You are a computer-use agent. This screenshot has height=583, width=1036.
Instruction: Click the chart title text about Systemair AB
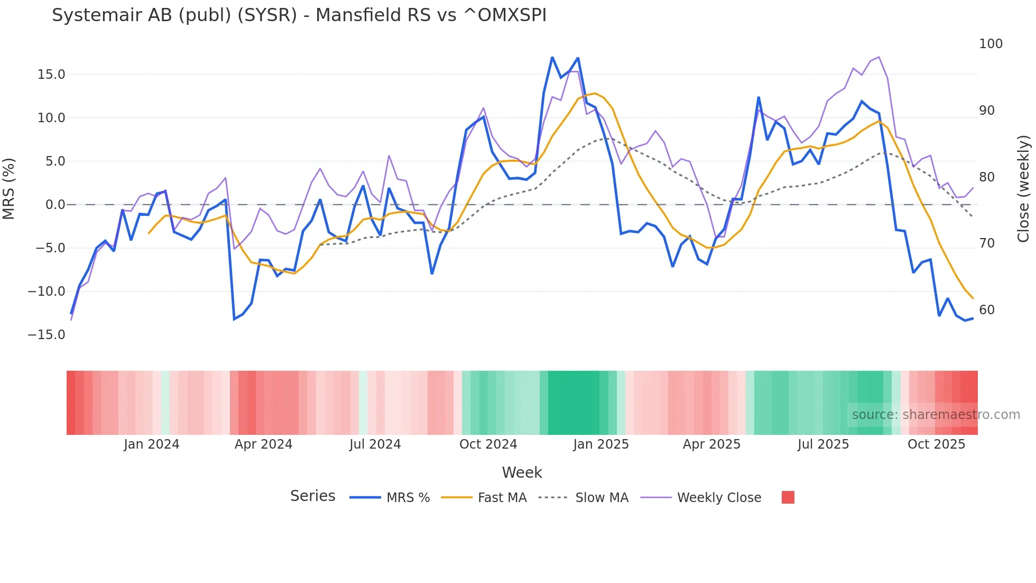pyautogui.click(x=299, y=15)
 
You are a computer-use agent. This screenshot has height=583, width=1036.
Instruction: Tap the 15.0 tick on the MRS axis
pyautogui.click(x=51, y=75)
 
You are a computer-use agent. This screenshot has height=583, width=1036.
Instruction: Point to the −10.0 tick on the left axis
pyautogui.click(x=47, y=291)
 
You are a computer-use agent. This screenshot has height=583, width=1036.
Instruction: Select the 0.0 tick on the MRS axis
pyautogui.click(x=55, y=205)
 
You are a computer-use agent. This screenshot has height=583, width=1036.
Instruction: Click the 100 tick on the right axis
pyautogui.click(x=991, y=44)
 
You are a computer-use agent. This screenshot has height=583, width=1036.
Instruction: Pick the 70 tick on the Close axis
pyautogui.click(x=987, y=243)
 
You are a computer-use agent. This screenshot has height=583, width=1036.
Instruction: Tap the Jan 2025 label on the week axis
pyautogui.click(x=601, y=444)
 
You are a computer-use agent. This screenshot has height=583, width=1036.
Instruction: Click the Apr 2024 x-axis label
pyautogui.click(x=263, y=444)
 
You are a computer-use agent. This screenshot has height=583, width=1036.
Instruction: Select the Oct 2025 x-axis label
pyautogui.click(x=936, y=444)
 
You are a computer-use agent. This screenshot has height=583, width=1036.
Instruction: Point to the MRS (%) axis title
pyautogui.click(x=9, y=188)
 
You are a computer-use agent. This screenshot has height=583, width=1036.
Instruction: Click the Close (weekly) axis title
pyautogui.click(x=1023, y=189)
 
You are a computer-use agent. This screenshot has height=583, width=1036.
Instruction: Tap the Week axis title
pyautogui.click(x=522, y=472)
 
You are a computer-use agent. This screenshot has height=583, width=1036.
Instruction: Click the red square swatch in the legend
pyautogui.click(x=788, y=497)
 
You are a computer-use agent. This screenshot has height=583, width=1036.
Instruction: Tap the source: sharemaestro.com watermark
pyautogui.click(x=936, y=415)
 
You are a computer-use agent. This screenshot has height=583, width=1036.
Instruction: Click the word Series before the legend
pyautogui.click(x=312, y=496)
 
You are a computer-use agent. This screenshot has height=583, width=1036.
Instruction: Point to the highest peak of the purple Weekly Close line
pyautogui.click(x=878, y=57)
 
